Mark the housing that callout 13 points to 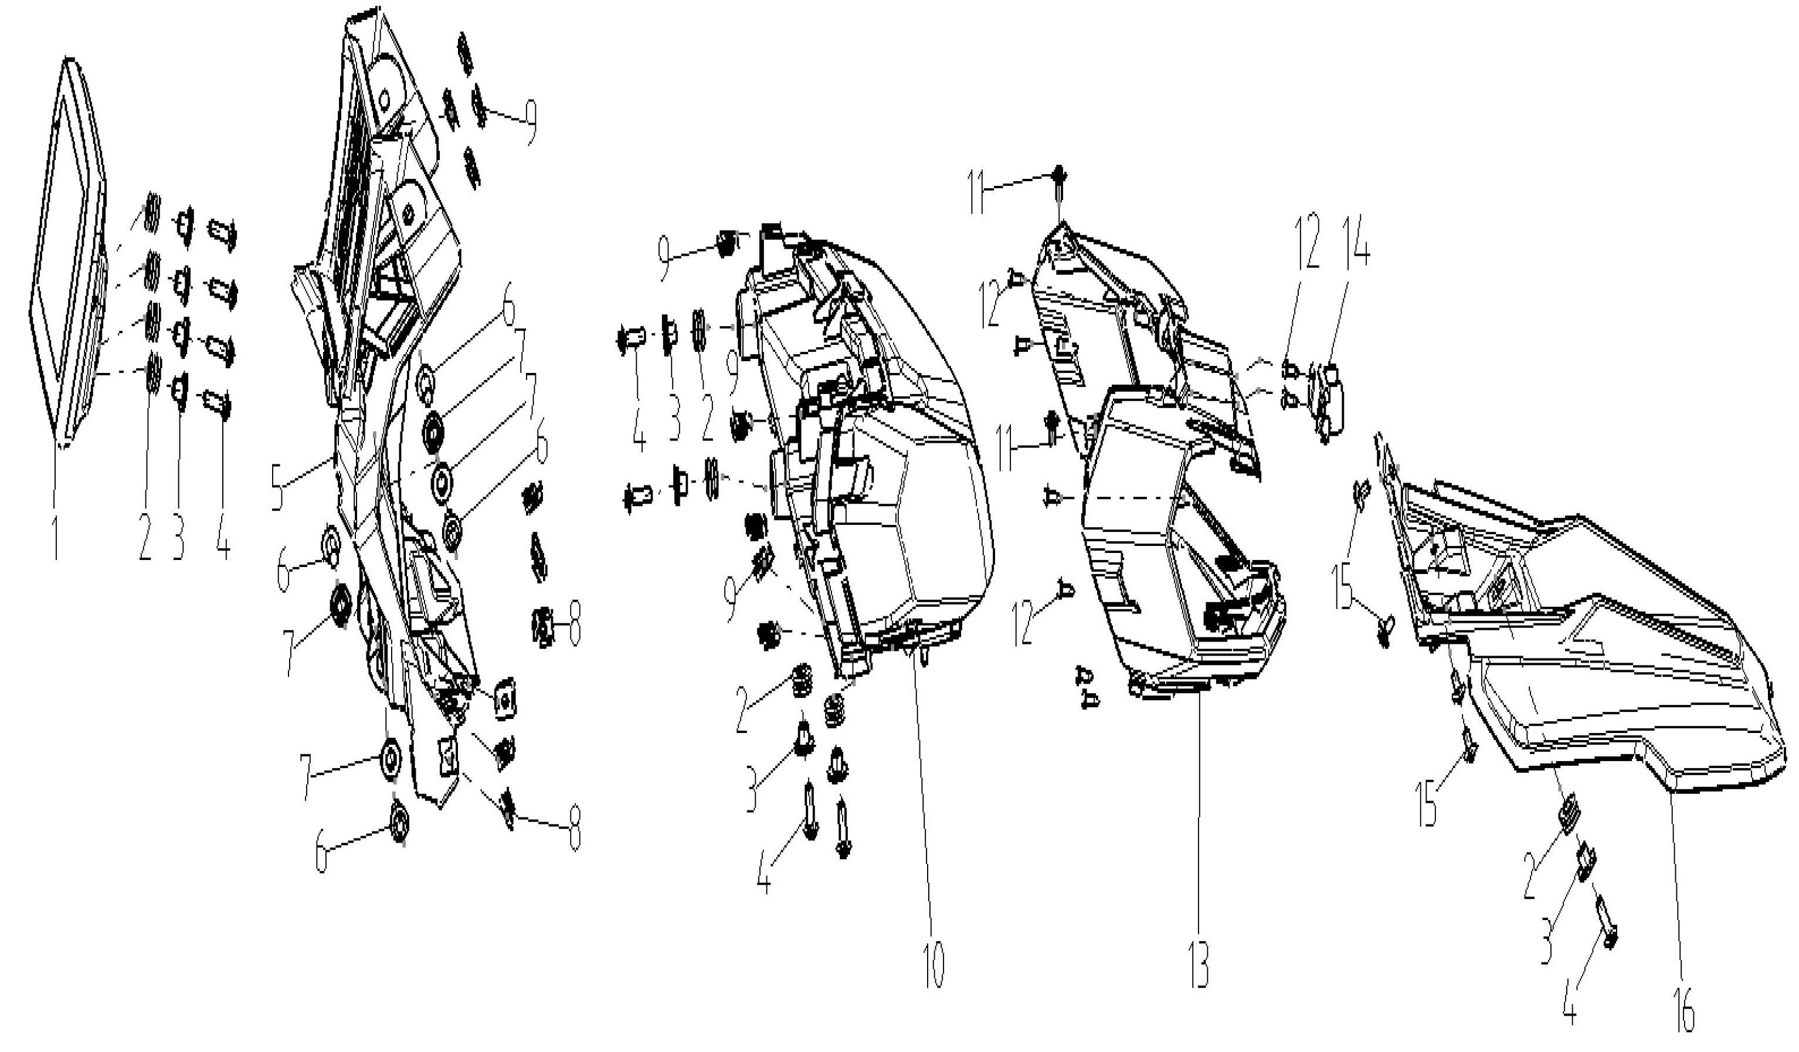[1171, 457]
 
